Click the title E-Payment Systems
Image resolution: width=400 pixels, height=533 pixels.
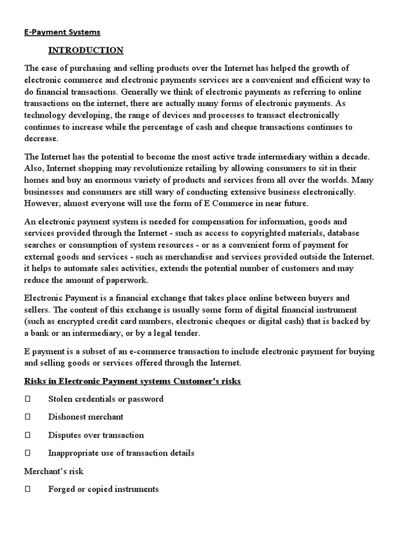(62, 32)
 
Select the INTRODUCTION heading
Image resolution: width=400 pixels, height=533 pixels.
(85, 50)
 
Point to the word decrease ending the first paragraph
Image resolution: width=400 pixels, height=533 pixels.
(42, 139)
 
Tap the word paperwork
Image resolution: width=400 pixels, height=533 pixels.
(126, 281)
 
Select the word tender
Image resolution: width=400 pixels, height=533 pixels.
(187, 334)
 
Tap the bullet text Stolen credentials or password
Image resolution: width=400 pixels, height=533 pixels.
(106, 399)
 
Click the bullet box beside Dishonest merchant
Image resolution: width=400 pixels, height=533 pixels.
(28, 417)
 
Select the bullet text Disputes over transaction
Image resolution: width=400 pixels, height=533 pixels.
(96, 435)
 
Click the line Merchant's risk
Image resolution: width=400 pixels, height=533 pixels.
(54, 471)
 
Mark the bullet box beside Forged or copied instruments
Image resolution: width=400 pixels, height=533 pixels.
(28, 489)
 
